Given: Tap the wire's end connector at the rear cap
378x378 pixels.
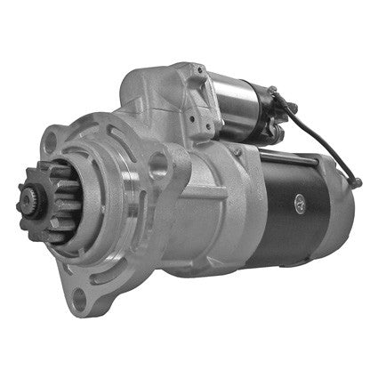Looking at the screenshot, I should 357,183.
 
